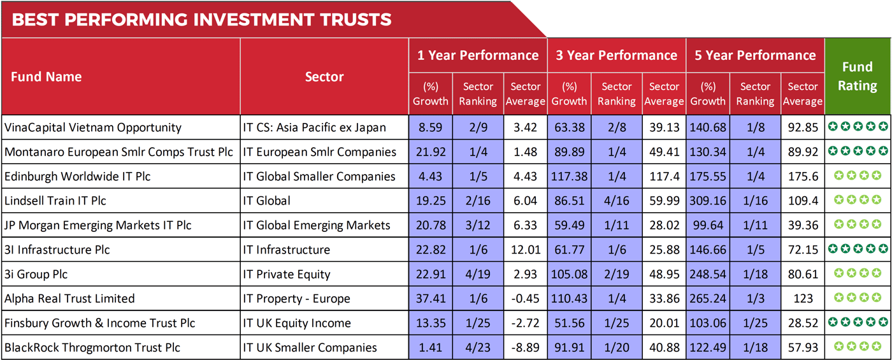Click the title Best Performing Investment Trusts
click(201, 20)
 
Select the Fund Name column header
click(47, 77)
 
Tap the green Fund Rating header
click(857, 76)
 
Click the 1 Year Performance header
click(477, 55)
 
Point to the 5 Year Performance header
click(755, 55)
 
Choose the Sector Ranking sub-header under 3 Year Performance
click(617, 94)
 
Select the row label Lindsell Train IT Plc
click(55, 201)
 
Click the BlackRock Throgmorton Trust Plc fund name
click(92, 347)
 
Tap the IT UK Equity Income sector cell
click(297, 323)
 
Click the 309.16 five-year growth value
click(707, 201)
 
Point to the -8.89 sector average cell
click(525, 347)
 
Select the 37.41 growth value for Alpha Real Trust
click(430, 299)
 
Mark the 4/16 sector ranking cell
click(616, 201)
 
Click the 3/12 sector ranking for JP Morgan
click(477, 225)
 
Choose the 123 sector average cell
click(803, 299)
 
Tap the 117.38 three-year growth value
click(569, 176)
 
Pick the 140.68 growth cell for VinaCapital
click(707, 127)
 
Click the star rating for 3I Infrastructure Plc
click(857, 249)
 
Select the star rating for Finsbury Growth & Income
click(857, 322)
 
